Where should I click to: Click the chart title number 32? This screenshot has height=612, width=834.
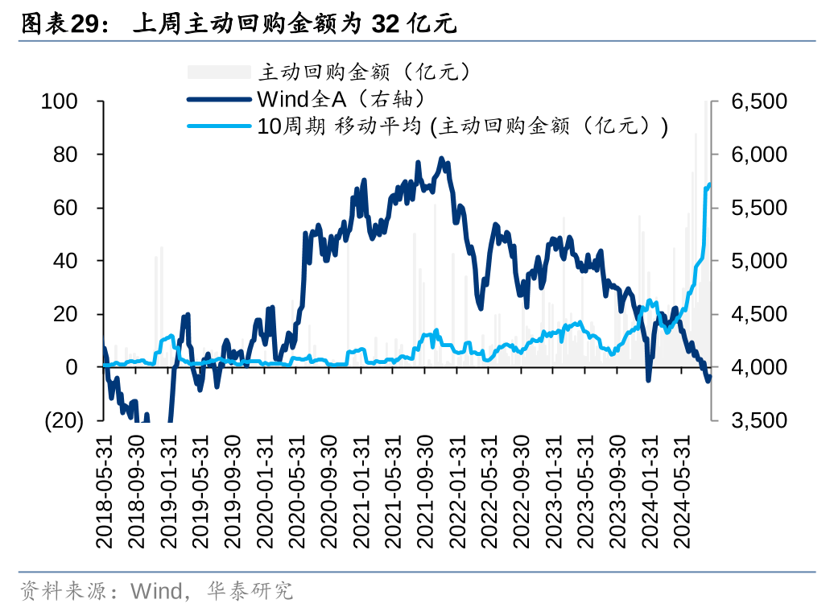click(x=386, y=25)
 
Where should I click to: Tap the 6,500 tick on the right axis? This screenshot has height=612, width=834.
click(x=758, y=101)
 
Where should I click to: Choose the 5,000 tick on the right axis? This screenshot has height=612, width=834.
click(x=758, y=261)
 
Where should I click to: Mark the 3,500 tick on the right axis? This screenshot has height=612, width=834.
click(x=758, y=420)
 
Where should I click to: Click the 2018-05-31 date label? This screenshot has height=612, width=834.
click(x=104, y=493)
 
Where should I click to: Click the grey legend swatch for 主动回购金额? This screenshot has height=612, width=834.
click(x=219, y=72)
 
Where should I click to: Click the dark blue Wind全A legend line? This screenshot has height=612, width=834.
click(x=219, y=99)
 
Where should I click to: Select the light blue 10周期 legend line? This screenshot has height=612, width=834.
click(x=219, y=126)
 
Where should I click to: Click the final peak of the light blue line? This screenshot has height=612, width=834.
click(x=709, y=184)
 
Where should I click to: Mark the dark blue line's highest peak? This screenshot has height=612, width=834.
click(x=441, y=159)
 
